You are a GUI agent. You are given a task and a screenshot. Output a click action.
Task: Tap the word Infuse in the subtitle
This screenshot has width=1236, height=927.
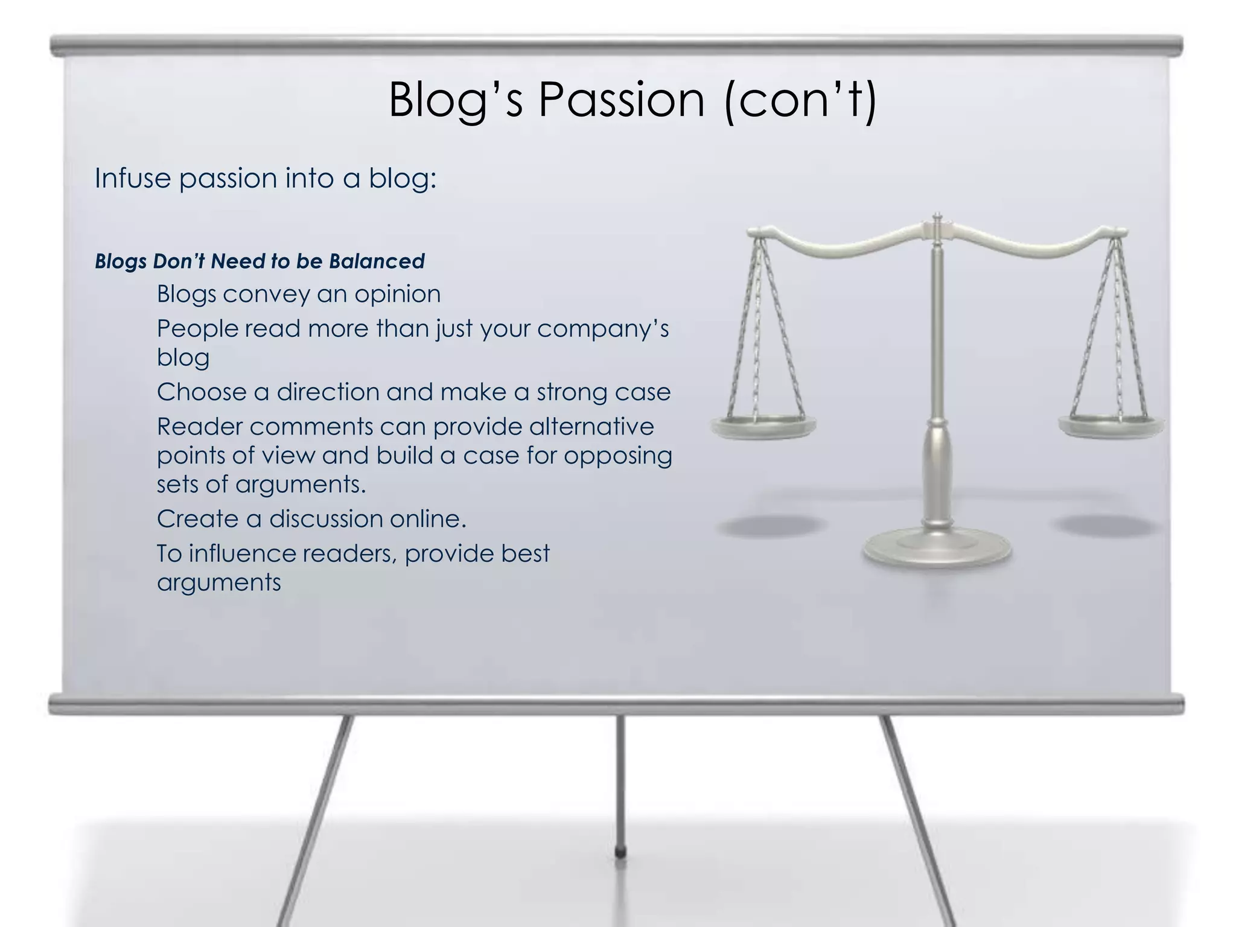point(132,179)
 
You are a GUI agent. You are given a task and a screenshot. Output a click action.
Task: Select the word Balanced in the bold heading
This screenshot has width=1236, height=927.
point(377,261)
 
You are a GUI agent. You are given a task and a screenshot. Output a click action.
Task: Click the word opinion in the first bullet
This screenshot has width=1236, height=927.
point(397,295)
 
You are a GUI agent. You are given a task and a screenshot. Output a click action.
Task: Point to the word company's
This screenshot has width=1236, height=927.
point(603,330)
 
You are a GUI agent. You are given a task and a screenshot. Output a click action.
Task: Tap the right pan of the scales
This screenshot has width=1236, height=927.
point(1111,426)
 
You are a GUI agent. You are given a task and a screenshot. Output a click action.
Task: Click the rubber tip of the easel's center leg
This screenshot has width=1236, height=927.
point(620,852)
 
